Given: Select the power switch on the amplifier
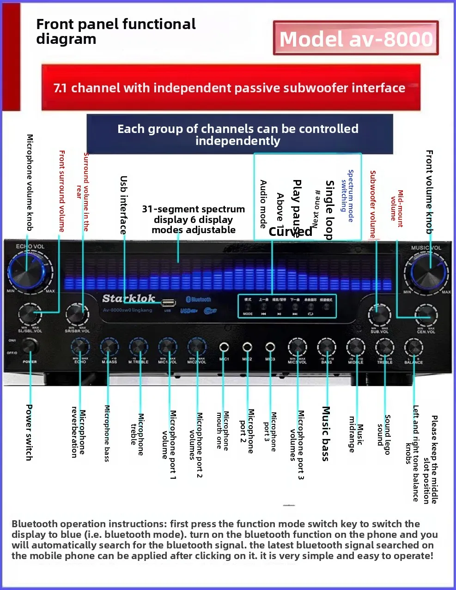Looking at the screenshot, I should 30,346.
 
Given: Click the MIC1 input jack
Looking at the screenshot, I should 224,347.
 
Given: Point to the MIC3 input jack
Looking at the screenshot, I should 270,347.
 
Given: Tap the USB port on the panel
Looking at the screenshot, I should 168,303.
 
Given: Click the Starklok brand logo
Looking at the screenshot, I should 128,298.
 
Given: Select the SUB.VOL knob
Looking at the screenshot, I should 379,315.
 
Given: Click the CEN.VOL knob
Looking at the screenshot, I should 426,315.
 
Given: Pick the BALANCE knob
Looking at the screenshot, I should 413,347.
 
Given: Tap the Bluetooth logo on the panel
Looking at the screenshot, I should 198,300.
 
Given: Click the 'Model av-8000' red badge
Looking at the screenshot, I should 356,38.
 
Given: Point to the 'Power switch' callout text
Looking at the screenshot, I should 29,432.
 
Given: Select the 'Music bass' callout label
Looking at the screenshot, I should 326,433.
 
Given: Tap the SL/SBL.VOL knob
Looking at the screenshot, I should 30,314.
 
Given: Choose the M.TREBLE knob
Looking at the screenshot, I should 138,347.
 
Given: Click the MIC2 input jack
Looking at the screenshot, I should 247,347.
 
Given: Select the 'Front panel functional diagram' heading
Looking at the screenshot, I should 116,31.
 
